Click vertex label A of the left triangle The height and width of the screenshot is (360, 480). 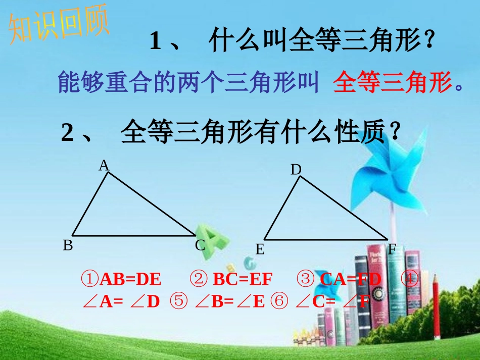(x=104, y=165)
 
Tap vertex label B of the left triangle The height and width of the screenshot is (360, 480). (x=68, y=245)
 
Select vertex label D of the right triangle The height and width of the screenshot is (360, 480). (x=296, y=170)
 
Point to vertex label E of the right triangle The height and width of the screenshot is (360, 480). (x=260, y=249)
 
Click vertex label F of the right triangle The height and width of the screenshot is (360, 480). (x=392, y=249)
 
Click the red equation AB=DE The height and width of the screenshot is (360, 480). (x=130, y=279)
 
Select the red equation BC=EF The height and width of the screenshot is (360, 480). (x=243, y=279)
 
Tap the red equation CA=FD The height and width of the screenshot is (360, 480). (x=351, y=279)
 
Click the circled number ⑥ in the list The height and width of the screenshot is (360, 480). (x=278, y=301)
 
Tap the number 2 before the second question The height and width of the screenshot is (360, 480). (x=68, y=133)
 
